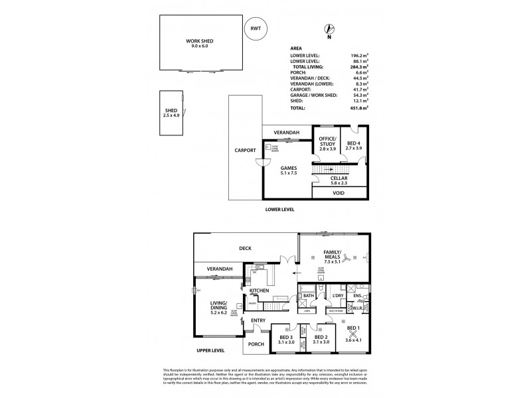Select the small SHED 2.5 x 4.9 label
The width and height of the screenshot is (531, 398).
[171, 113]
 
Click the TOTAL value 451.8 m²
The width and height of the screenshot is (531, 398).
[359, 107]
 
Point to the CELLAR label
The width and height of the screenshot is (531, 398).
[340, 179]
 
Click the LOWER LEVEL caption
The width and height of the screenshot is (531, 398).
[279, 209]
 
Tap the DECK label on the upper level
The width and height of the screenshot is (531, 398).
[246, 249]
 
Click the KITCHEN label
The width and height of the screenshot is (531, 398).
[258, 291]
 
